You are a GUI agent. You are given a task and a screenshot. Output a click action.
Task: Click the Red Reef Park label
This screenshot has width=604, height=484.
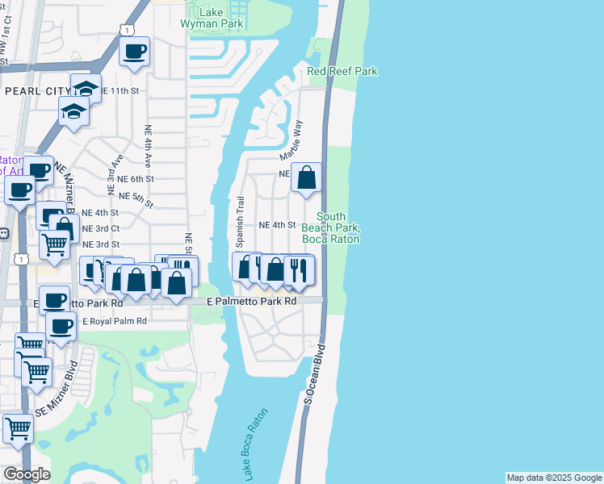pyautogui.click(x=342, y=72)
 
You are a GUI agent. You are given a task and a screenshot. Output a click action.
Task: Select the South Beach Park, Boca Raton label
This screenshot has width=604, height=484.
pyautogui.click(x=330, y=227)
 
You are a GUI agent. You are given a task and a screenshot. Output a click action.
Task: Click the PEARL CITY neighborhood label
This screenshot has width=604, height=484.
pyautogui.click(x=33, y=92)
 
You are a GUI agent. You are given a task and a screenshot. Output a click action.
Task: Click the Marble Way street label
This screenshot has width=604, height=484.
pyautogui.click(x=291, y=140)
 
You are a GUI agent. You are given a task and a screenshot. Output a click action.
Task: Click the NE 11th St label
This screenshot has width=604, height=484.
pyautogui.click(x=121, y=91)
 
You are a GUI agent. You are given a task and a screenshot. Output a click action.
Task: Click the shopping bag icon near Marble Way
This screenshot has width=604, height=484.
pyautogui.click(x=307, y=178)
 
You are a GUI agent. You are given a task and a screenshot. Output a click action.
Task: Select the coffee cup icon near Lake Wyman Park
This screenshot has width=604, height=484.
pyautogui.click(x=135, y=52)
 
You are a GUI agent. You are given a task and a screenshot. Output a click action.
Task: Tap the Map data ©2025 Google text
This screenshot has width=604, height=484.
pyautogui.click(x=554, y=478)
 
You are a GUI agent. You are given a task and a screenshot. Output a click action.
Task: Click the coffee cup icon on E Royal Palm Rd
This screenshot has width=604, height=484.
pyautogui.click(x=61, y=326)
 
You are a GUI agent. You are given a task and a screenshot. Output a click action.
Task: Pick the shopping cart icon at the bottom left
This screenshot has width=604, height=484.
pyautogui.click(x=18, y=428)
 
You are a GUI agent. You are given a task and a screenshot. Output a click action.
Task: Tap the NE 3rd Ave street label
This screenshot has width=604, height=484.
pyautogui.click(x=112, y=173)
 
